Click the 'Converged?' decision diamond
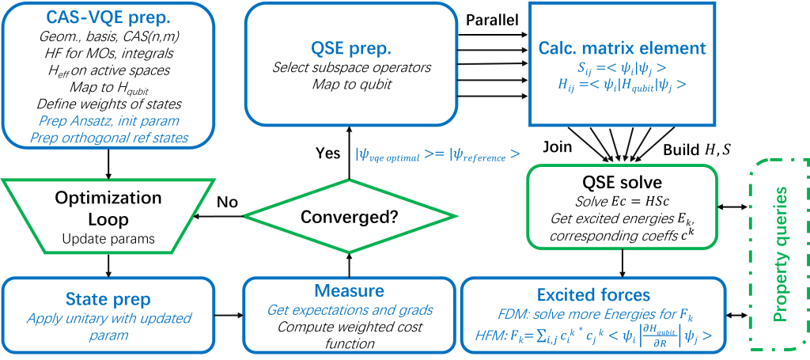coord(349,216)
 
